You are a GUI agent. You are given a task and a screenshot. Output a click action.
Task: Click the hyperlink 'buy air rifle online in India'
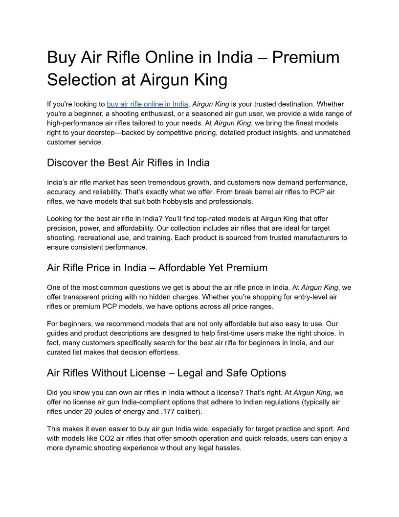pos(147,104)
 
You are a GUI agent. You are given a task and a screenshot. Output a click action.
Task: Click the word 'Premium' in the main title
pos(306,58)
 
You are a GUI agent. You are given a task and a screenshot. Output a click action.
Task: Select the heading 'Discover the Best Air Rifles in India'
pos(128,163)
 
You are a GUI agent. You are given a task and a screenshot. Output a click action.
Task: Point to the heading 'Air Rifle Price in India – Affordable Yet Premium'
pos(157,268)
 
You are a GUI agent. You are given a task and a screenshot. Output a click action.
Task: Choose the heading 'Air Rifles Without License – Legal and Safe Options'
pos(166,373)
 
